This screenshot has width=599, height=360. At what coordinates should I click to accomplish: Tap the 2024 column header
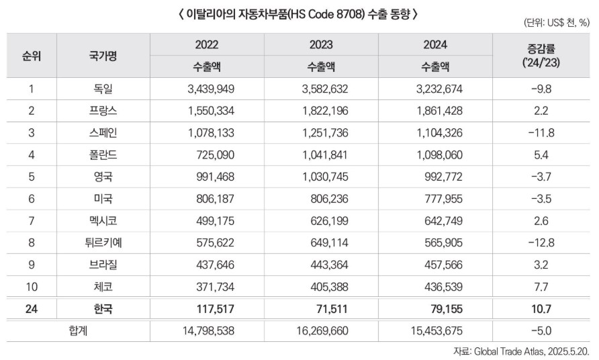pyautogui.click(x=435, y=46)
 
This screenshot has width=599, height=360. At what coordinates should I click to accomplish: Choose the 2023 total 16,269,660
pyautogui.click(x=320, y=331)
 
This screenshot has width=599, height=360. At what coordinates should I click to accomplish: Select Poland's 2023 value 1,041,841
pyautogui.click(x=320, y=155)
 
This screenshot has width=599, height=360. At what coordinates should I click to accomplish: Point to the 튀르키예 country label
pyautogui.click(x=103, y=242)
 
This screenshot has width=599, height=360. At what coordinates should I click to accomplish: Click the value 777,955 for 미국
pyautogui.click(x=435, y=199)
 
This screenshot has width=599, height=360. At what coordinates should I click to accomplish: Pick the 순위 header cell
pyautogui.click(x=31, y=56)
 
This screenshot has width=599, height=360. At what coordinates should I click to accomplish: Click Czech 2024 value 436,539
pyautogui.click(x=435, y=287)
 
